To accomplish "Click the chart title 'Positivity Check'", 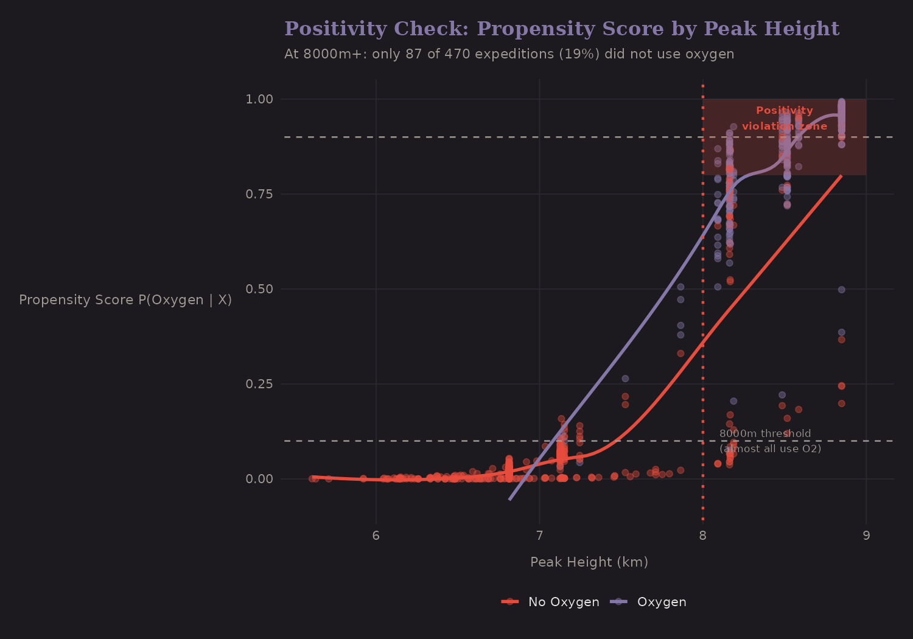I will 561,29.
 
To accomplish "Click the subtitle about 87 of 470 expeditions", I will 509,54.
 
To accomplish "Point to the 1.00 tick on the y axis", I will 259,99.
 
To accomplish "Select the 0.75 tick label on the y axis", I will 259,194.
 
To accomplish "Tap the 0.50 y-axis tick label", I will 259,289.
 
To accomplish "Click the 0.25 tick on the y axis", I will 259,384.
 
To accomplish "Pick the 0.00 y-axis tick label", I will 259,479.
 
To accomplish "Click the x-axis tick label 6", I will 376,536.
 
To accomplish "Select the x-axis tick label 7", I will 539,536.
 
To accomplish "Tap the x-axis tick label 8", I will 703,536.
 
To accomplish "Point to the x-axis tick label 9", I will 866,536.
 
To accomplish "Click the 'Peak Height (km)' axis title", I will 589,562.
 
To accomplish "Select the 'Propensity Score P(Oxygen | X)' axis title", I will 125,300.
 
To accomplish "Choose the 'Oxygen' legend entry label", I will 661,602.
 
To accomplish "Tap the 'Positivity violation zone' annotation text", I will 784,118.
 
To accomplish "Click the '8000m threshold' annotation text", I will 765,434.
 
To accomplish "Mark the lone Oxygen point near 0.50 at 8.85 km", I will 841,290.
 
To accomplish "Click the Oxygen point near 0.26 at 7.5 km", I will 625,379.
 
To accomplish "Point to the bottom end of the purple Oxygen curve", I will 510,499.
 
